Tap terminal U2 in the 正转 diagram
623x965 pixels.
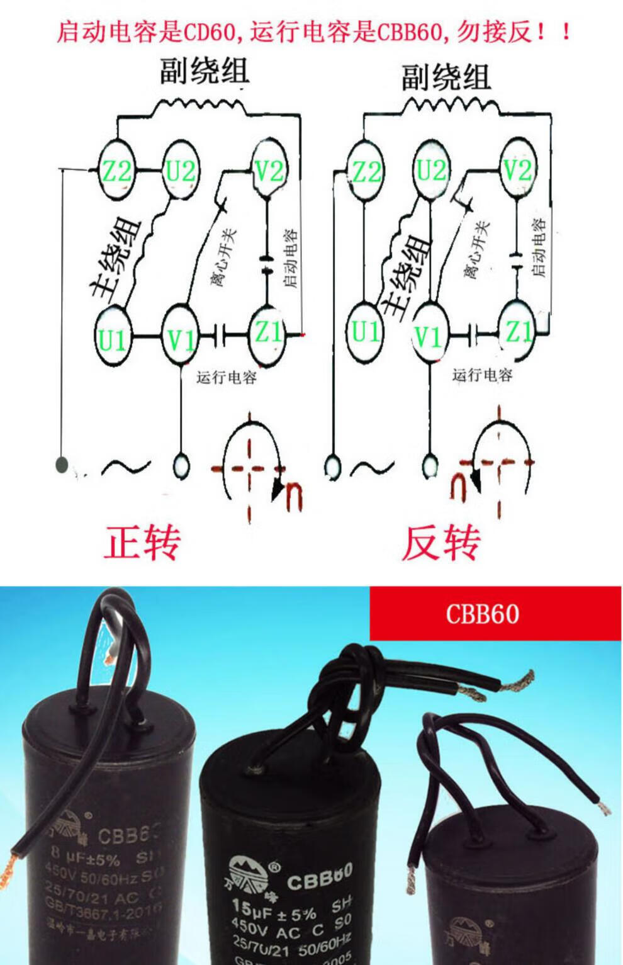point(181,171)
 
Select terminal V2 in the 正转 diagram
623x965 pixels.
point(269,170)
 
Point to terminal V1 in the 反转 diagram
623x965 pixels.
point(429,337)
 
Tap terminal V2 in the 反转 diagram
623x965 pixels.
point(517,169)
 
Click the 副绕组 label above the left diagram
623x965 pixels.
point(204,72)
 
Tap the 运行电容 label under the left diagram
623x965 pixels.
point(227,378)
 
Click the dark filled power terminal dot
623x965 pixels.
point(62,465)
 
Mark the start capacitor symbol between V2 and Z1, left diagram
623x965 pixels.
point(267,264)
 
